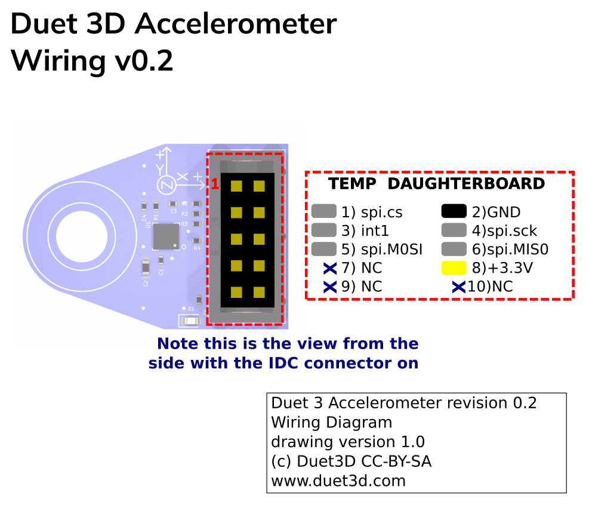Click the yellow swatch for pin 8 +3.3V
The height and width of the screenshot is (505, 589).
[454, 268]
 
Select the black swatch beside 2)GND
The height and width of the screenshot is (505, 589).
[454, 211]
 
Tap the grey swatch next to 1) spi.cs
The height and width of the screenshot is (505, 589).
[323, 211]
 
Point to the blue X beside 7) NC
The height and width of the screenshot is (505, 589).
[330, 268]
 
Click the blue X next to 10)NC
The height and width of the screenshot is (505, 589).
[458, 287]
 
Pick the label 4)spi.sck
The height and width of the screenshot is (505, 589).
[504, 230]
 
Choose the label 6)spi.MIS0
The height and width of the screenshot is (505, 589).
[510, 249]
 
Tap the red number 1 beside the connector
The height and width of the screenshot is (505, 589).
[215, 184]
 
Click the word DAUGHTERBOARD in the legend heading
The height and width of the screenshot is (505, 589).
[466, 184]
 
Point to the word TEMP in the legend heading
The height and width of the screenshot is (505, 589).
[352, 184]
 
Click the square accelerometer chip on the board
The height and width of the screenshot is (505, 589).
[166, 236]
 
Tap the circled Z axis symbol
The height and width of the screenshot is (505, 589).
[166, 186]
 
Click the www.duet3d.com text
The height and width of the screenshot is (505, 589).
[338, 481]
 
